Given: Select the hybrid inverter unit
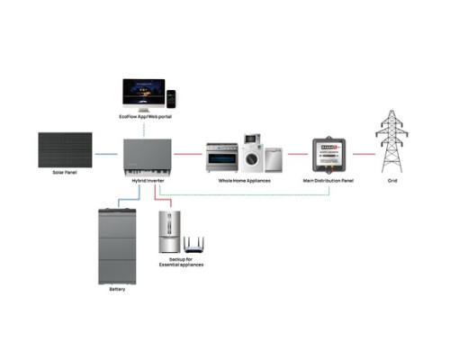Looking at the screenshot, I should pos(148,155).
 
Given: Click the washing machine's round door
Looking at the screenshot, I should pos(251,160).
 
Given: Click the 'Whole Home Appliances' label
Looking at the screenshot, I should pos(246,181).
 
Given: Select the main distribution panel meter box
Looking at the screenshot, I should pos(330,155).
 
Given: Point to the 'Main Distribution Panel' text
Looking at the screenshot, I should pos(330,181).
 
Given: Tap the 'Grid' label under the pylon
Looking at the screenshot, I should pos(391,181).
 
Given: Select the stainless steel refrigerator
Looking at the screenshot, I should pos(172,230).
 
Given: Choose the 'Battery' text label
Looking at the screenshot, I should pos(118,289).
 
